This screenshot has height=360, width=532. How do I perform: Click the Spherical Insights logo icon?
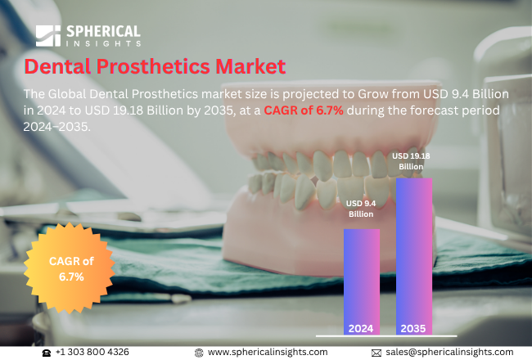pyautogui.click(x=47, y=35)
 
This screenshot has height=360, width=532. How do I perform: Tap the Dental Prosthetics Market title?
pyautogui.click(x=155, y=66)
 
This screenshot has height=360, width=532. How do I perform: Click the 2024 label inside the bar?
pyautogui.click(x=361, y=328)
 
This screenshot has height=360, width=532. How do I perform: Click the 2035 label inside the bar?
pyautogui.click(x=413, y=328)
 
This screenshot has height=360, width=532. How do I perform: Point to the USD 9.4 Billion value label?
pyautogui.click(x=360, y=208)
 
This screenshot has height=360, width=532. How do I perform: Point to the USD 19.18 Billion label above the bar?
pyautogui.click(x=412, y=160)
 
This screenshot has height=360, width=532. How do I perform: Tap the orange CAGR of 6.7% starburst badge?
pyautogui.click(x=71, y=269)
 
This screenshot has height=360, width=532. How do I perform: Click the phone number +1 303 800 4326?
pyautogui.click(x=92, y=352)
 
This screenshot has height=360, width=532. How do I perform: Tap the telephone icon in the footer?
pyautogui.click(x=47, y=352)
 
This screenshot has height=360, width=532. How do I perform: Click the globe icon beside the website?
pyautogui.click(x=199, y=352)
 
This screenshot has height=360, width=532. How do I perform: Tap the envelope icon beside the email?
pyautogui.click(x=376, y=352)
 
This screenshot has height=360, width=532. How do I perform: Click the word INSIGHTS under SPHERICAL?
pyautogui.click(x=106, y=43)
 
